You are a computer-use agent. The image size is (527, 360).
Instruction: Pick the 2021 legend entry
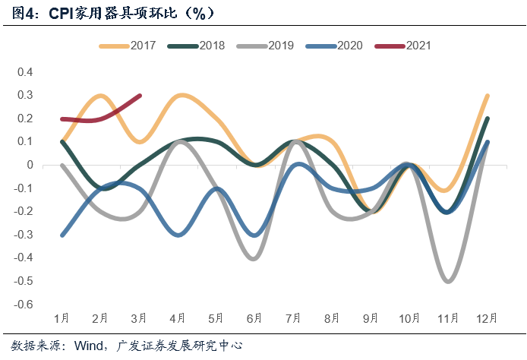(418, 46)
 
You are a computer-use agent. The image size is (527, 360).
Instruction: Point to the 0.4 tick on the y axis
(26, 72)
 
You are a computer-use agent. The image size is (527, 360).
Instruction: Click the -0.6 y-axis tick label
(24, 305)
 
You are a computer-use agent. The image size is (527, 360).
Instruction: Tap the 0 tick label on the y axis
(30, 165)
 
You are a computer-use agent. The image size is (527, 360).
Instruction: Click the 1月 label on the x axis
(62, 318)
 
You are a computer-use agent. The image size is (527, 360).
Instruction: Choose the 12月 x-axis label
(487, 318)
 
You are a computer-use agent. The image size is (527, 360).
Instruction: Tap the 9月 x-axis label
(371, 318)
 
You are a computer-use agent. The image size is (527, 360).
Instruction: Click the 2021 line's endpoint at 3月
(140, 96)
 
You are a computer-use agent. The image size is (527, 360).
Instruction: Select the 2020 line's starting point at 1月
(62, 235)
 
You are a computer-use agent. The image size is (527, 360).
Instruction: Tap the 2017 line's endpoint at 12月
(487, 96)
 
